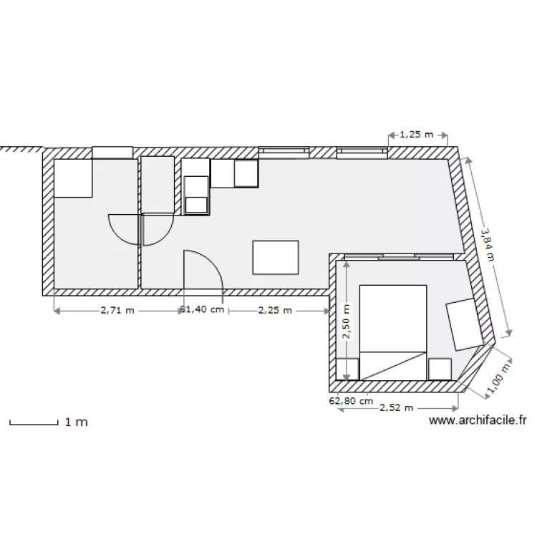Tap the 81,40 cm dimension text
(203, 311)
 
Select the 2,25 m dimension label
(275, 311)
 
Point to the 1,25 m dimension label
(417, 133)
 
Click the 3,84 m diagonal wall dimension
(487, 245)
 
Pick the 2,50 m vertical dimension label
(347, 321)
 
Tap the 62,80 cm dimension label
(351, 401)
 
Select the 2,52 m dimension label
(397, 408)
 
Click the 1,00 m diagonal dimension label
(499, 377)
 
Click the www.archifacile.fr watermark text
(478, 422)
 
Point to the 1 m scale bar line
(33, 424)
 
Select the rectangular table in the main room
(276, 256)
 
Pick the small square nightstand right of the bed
(440, 368)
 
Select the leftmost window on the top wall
(112, 152)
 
